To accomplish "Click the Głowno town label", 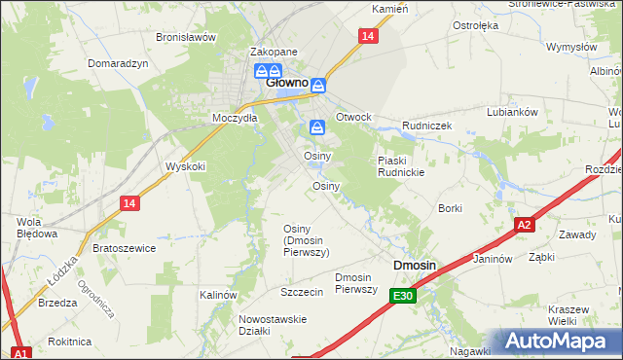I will coord(287,85).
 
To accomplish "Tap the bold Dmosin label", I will coord(415,266).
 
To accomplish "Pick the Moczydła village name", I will coord(235,118).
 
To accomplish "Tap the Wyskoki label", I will coord(186,166).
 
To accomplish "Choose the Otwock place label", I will coord(353,117).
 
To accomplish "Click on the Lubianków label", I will coord(513,112).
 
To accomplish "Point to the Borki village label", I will coord(450,208).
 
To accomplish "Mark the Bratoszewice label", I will coord(124,248).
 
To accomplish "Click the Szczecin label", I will coord(301,292).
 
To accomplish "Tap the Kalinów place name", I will coord(219,294).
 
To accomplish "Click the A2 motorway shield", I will coord(525,224).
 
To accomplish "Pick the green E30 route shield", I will coord(404,296).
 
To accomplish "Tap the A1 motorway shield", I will coord(21,352).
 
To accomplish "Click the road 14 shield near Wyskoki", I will coord(129,202).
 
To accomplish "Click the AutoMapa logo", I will coord(557,342).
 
